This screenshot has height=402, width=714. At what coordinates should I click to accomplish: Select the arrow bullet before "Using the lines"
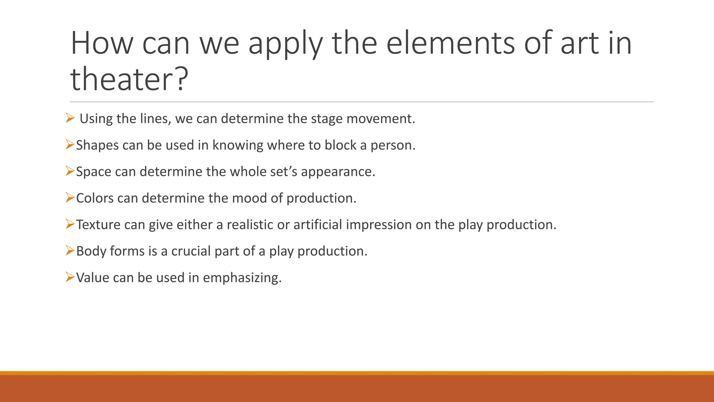[70, 118]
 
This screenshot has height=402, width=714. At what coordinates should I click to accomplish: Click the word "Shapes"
[97, 145]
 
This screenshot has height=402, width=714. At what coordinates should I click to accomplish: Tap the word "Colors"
[95, 198]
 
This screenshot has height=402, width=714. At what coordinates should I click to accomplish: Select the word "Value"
[92, 278]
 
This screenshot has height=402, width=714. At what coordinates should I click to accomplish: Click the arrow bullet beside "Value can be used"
[70, 278]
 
